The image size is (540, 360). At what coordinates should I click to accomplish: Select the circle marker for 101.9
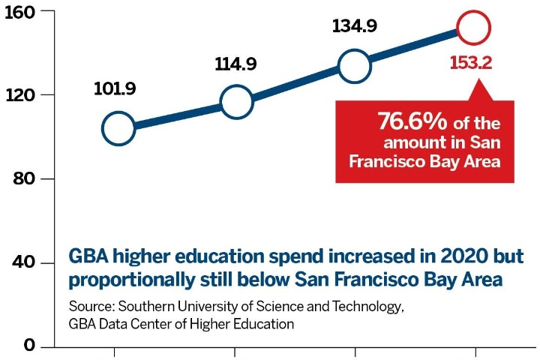118,128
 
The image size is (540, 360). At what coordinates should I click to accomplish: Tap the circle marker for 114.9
235,102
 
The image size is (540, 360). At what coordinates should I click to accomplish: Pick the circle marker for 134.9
354,66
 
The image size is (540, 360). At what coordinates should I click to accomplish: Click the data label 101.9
115,89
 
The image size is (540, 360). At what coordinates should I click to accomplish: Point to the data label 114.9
235,64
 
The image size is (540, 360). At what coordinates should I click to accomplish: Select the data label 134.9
354,28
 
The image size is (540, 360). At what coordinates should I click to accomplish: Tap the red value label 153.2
470,63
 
